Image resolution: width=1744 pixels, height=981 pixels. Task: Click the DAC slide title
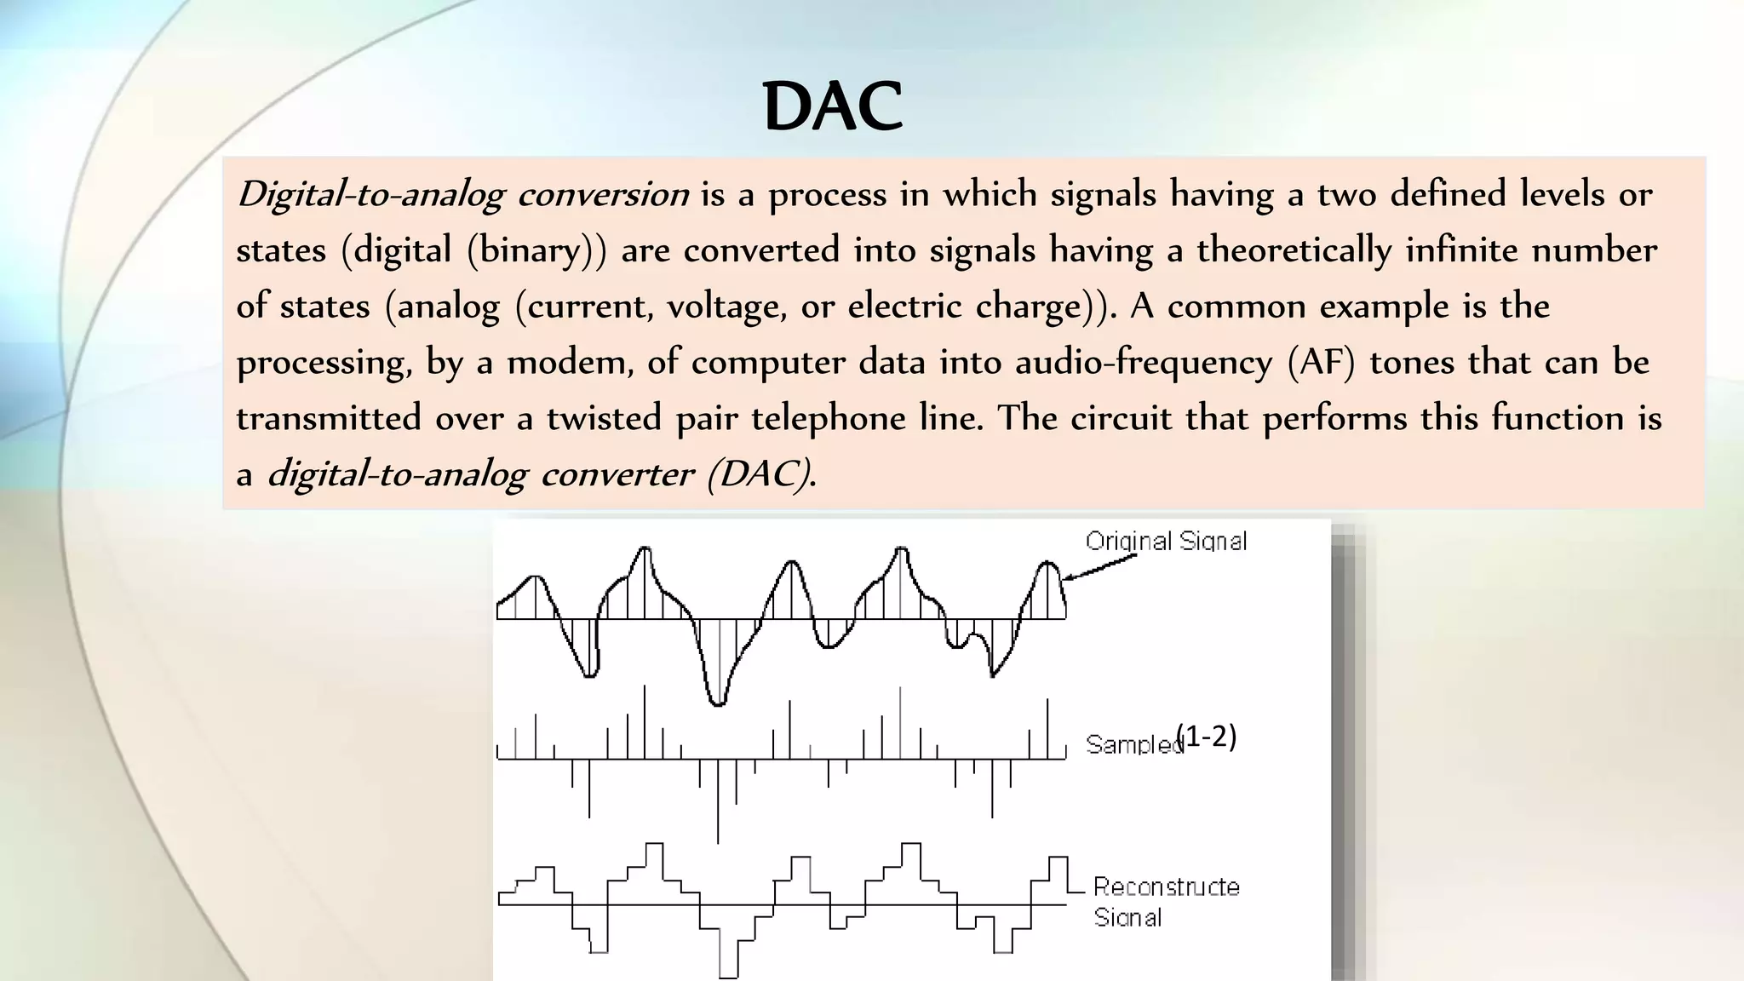(832, 106)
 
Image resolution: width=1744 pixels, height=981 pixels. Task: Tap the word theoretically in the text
(1294, 250)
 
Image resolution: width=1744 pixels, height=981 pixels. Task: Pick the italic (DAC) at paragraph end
(761, 474)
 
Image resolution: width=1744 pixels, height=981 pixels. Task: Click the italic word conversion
(603, 195)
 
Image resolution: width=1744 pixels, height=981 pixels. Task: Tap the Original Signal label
(1166, 541)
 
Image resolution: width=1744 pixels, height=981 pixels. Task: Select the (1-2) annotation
(1206, 736)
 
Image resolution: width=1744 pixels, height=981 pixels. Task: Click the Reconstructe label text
(1166, 886)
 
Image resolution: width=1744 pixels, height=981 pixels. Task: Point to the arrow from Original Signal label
(1099, 567)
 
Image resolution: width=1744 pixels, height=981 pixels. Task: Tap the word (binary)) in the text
(536, 250)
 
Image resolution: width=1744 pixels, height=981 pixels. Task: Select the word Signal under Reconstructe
(1127, 917)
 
